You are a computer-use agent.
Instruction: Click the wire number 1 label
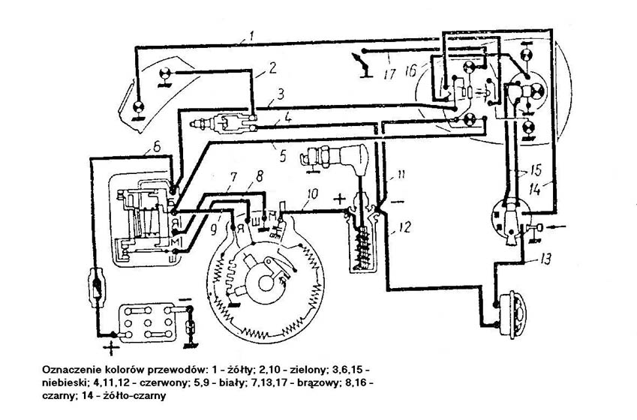[x=254, y=34]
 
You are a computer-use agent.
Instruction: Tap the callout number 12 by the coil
[x=404, y=225]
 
